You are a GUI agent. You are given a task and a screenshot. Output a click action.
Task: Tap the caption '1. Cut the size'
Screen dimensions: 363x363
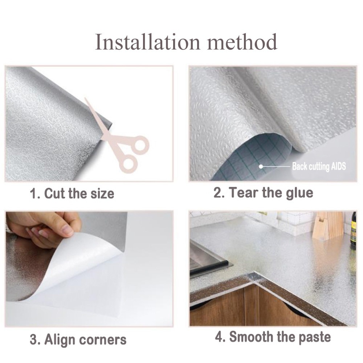(72, 193)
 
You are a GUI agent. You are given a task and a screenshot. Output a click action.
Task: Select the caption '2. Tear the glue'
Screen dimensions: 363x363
(263, 193)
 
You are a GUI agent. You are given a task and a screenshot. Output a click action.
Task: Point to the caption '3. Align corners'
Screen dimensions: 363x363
(78, 340)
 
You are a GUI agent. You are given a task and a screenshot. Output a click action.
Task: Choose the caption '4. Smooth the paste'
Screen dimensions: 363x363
(273, 337)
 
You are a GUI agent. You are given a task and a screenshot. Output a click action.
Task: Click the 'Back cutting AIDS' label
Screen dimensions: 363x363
(319, 167)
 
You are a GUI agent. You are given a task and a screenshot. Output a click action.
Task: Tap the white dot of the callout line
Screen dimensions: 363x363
(261, 166)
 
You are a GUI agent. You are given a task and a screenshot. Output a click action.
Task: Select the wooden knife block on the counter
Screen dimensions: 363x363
(329, 225)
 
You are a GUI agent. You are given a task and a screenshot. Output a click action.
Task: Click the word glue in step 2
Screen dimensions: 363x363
(297, 193)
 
